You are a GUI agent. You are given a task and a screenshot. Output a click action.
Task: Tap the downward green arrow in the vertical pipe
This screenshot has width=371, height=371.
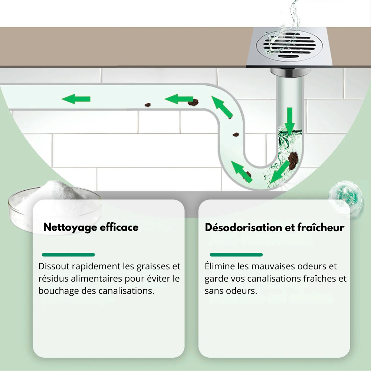[290, 121]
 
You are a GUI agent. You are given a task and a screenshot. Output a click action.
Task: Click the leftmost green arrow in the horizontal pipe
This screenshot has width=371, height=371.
[76, 99]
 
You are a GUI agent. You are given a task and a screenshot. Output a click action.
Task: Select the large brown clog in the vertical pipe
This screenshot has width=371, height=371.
[293, 160]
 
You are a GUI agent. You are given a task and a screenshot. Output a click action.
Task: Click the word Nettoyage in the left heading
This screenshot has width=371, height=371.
[70, 227]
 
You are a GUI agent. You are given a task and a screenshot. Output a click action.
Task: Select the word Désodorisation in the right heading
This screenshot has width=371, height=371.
[243, 227]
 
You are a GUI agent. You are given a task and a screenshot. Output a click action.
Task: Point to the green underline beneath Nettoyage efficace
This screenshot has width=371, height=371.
[68, 255]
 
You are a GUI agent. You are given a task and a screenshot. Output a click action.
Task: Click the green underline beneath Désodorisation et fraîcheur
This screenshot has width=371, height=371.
[236, 255]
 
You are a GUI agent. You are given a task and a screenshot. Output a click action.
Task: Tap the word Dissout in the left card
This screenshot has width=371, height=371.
[54, 266]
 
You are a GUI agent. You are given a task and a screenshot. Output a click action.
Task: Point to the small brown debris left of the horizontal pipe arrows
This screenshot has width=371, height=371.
[148, 105]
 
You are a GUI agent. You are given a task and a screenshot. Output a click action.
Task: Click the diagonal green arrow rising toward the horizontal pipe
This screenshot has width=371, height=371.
[222, 107]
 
